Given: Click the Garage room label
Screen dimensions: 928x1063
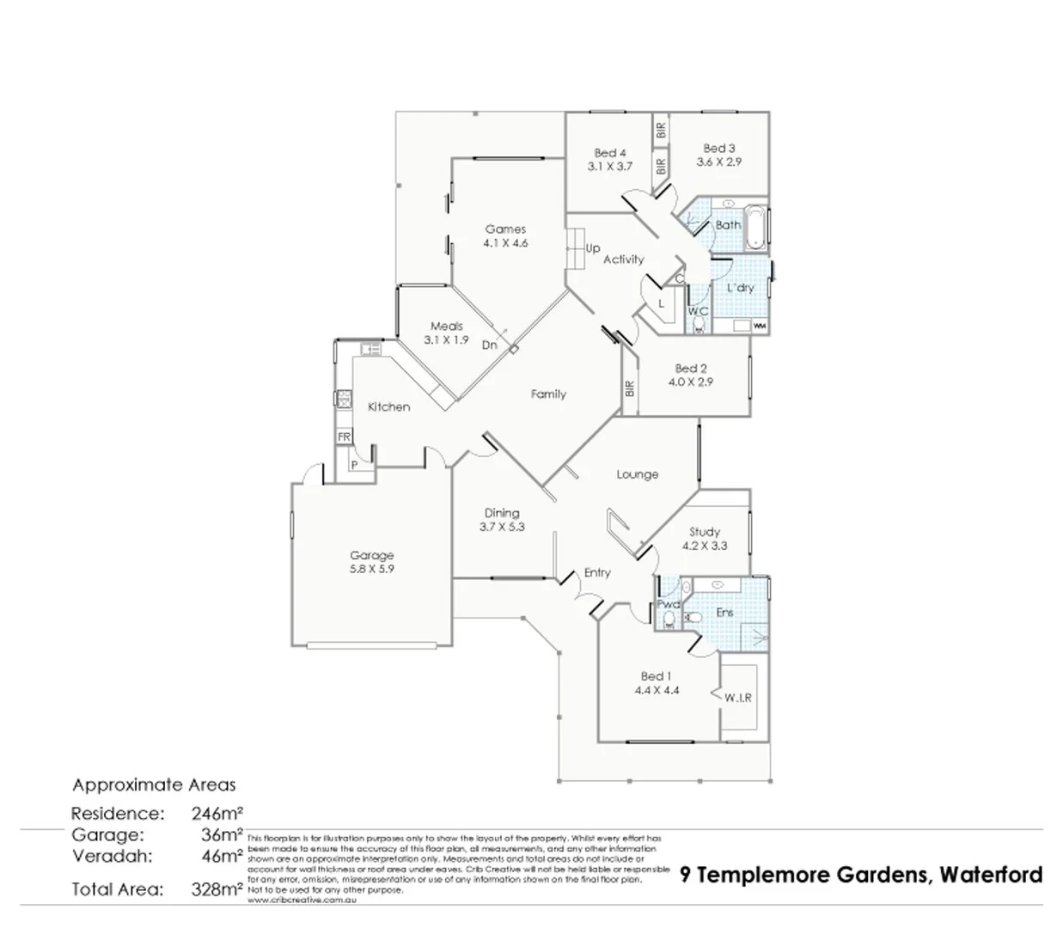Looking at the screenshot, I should pyautogui.click(x=371, y=555).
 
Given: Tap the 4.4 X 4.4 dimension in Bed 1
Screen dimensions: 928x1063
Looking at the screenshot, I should pyautogui.click(x=657, y=689).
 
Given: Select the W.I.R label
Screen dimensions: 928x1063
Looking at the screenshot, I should pyautogui.click(x=737, y=698).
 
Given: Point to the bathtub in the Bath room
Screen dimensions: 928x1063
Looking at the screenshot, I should pyautogui.click(x=756, y=227).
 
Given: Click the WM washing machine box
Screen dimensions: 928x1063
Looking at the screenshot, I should pyautogui.click(x=759, y=327).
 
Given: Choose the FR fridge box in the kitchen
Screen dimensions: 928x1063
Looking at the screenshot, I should pyautogui.click(x=344, y=437).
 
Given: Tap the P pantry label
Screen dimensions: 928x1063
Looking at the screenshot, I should pyautogui.click(x=353, y=465).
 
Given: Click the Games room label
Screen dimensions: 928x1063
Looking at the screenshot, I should pyautogui.click(x=505, y=229).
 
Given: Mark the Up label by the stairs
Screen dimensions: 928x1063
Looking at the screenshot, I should pyautogui.click(x=593, y=248).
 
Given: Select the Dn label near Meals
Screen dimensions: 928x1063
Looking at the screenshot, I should pyautogui.click(x=489, y=345).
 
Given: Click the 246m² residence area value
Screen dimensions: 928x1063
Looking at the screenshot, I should pyautogui.click(x=217, y=813).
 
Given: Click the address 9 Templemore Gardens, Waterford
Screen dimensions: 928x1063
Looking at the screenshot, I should pyautogui.click(x=861, y=875).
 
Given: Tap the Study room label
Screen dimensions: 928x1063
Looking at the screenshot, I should pyautogui.click(x=705, y=532).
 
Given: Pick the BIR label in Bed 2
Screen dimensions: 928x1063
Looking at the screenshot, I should pyautogui.click(x=630, y=388).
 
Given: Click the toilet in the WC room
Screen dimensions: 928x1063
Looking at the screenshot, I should pyautogui.click(x=698, y=325).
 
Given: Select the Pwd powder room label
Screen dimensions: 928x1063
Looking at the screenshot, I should pyautogui.click(x=668, y=604).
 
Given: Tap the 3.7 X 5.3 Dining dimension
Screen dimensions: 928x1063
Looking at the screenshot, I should pyautogui.click(x=502, y=527).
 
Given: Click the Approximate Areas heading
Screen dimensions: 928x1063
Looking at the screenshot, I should pyautogui.click(x=154, y=785).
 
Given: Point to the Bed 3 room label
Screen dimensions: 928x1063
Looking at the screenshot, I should pyautogui.click(x=719, y=148).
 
